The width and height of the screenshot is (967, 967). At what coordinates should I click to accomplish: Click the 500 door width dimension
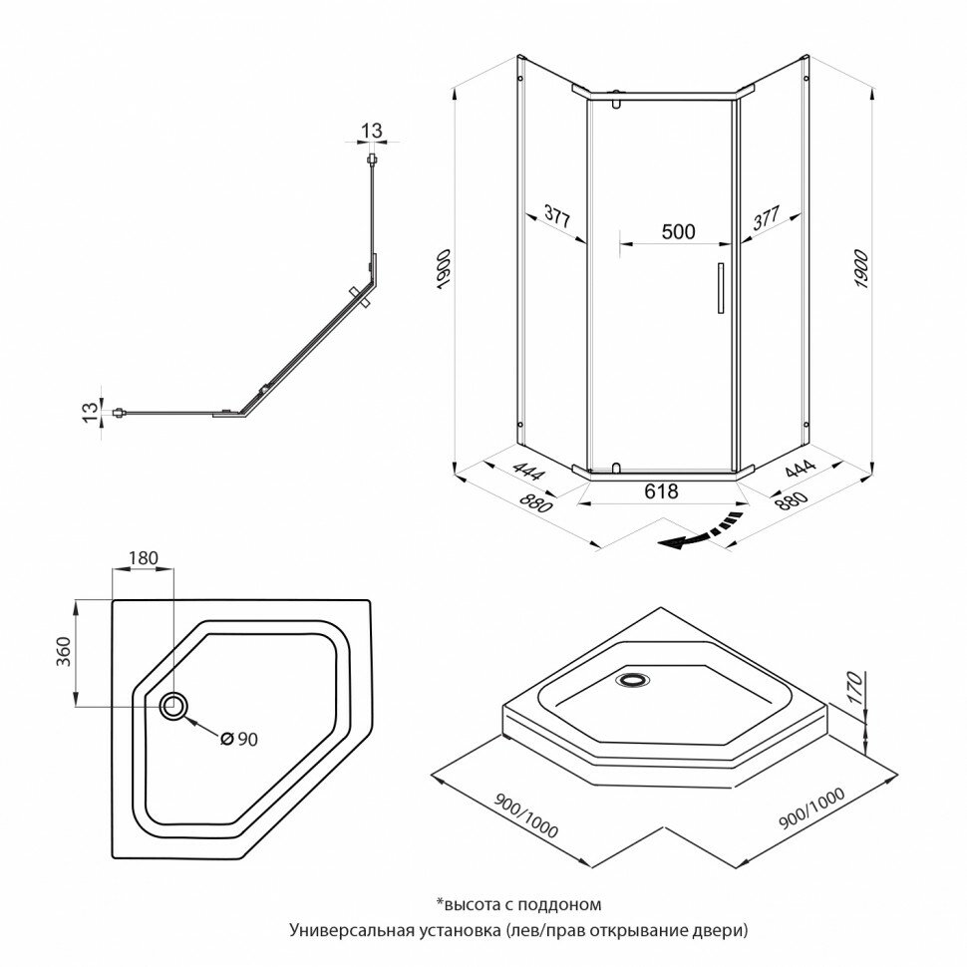678,231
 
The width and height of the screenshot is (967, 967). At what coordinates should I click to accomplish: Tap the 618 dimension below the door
661,490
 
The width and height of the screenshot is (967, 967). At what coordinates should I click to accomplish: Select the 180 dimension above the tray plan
144,558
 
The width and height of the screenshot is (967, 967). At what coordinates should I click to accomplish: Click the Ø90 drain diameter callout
239,739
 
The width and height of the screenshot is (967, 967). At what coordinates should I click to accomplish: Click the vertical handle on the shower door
715,290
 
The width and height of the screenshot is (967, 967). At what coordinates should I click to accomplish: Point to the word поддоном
567,905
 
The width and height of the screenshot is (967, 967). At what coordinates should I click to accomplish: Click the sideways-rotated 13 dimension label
89,409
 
